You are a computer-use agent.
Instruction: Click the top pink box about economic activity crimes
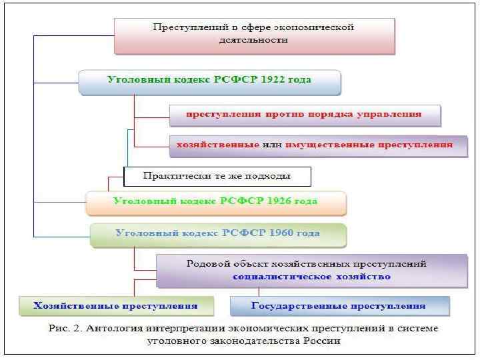coord(254,35)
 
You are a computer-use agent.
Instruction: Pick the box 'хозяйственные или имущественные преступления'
coord(318,144)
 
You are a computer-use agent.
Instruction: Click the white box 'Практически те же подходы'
coord(217,176)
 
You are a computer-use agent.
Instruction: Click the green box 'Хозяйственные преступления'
coord(116,306)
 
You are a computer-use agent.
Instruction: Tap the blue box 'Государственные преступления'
coord(339,306)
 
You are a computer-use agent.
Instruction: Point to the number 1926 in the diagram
coord(276,201)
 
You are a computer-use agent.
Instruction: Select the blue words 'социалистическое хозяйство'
coord(311,276)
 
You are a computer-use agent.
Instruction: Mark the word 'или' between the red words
coord(271,144)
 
